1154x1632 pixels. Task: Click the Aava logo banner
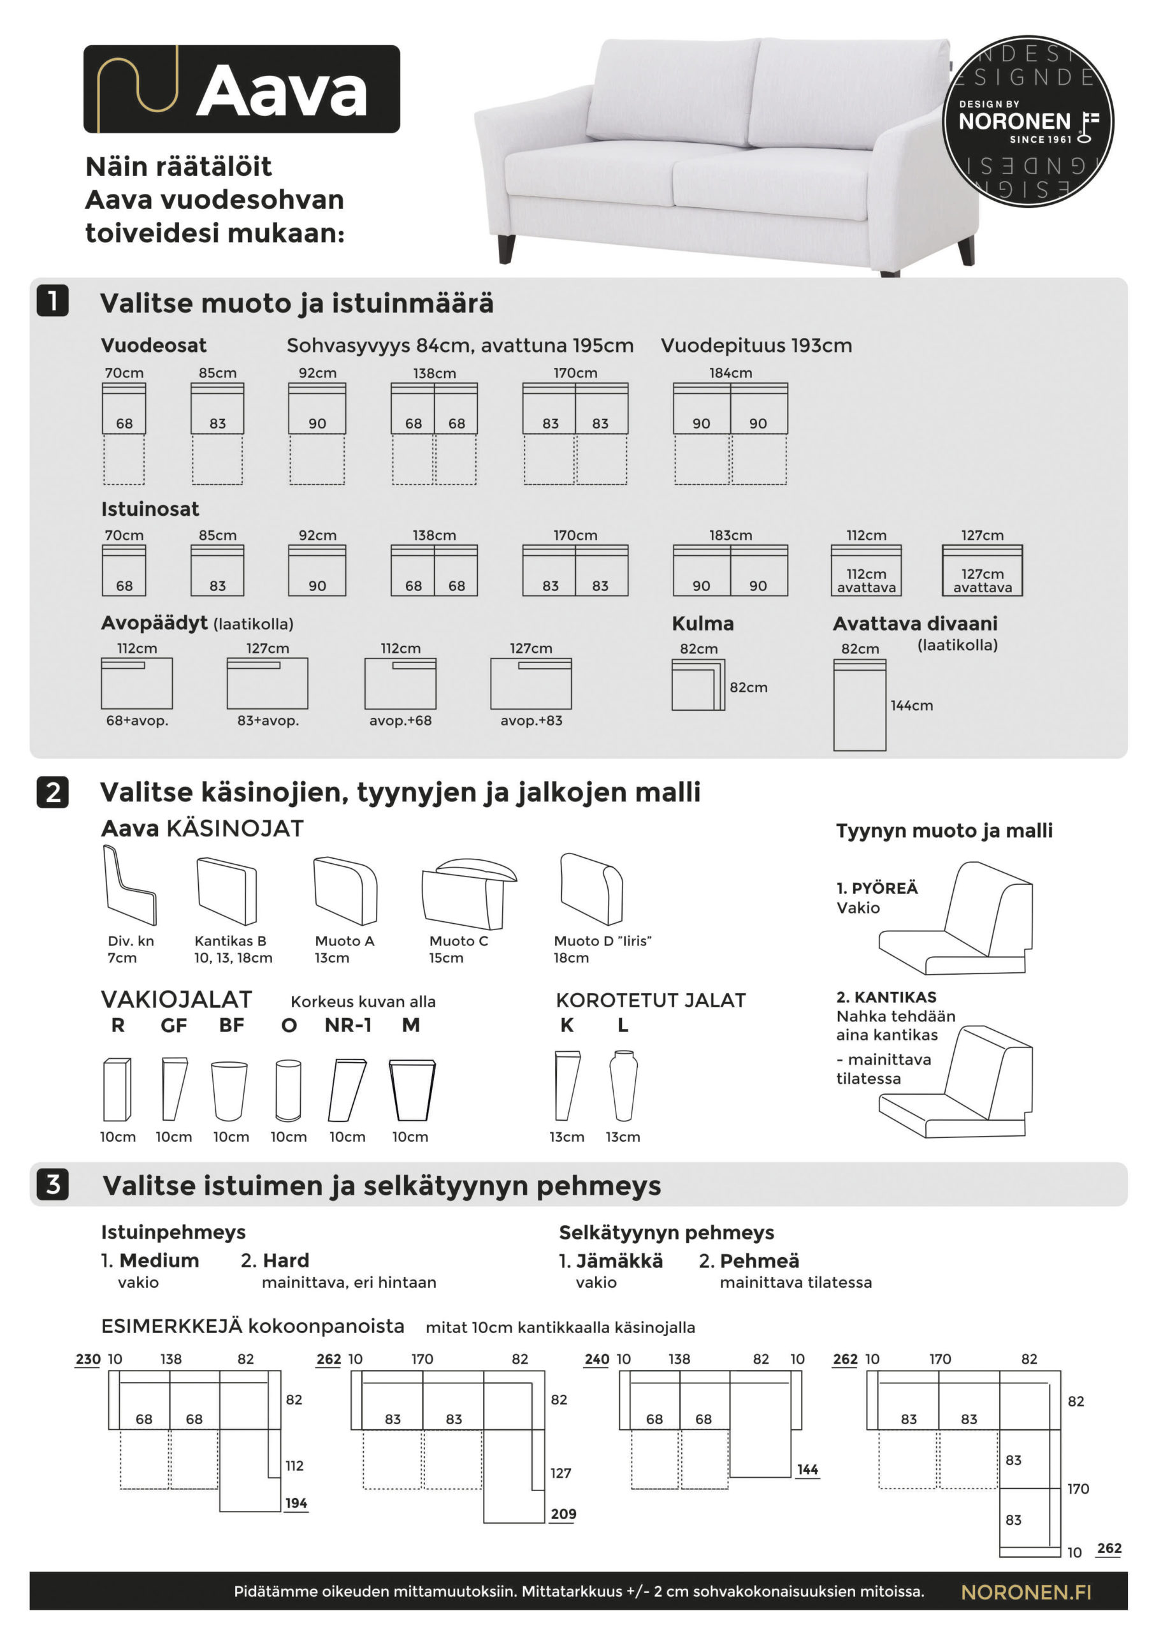242,89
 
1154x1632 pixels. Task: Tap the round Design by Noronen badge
1028,122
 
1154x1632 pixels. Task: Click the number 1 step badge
53,301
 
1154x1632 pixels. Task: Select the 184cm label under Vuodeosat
730,372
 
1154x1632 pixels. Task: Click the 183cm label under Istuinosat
730,535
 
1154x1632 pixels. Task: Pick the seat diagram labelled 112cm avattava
865,570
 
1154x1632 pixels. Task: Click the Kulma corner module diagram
698,685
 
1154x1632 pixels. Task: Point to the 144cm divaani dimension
912,705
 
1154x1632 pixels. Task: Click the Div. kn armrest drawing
129,885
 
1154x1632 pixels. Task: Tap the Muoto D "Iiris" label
602,940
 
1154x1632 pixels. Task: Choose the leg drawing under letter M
412,1090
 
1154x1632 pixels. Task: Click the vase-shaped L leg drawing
623,1086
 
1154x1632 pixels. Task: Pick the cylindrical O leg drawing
289,1090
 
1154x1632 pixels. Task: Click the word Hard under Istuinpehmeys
285,1260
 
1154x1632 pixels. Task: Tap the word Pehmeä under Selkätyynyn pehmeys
759,1260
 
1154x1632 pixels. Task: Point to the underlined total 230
88,1359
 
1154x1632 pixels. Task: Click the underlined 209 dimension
563,1514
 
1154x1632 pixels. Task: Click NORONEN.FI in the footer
1025,1592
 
